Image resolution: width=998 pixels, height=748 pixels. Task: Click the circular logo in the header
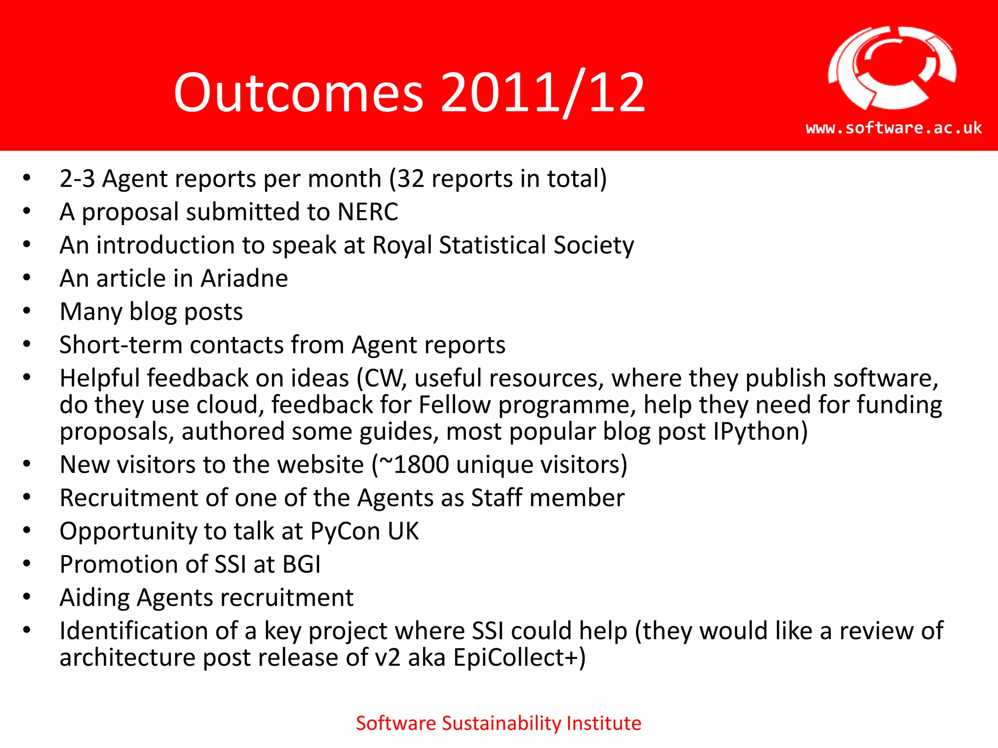click(892, 68)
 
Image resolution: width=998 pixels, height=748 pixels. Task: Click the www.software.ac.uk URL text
click(894, 128)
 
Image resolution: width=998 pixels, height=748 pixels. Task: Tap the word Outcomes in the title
click(298, 93)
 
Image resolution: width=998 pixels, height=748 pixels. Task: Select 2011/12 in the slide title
click(543, 93)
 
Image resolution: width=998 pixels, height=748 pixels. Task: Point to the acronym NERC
click(368, 212)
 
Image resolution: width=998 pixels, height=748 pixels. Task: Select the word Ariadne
click(244, 279)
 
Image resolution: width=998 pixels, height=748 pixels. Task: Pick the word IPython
click(755, 432)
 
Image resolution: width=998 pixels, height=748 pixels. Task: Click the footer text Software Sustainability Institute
click(499, 723)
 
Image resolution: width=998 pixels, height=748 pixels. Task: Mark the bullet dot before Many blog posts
click(27, 311)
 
